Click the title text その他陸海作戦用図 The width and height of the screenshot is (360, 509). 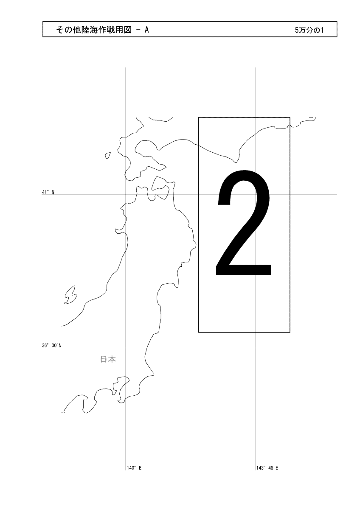coord(94,30)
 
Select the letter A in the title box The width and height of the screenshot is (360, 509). coord(147,30)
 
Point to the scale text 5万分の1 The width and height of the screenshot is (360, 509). coord(309,30)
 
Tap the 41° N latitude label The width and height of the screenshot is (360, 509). coord(48,192)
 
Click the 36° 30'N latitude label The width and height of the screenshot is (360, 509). coord(52,346)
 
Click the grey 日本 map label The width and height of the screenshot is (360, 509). coord(108,359)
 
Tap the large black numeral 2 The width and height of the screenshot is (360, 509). coord(243,223)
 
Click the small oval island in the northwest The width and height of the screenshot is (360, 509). coord(108,155)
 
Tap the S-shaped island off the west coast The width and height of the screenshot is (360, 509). coord(70,295)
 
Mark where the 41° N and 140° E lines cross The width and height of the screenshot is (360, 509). coord(126,195)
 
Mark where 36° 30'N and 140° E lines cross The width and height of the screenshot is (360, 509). coord(126,348)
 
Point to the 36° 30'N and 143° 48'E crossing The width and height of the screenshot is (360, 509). coord(256,348)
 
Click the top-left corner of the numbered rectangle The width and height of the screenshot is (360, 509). coord(198,117)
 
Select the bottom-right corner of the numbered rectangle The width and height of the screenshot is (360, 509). coord(290,332)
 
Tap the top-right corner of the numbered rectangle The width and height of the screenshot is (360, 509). coord(290,117)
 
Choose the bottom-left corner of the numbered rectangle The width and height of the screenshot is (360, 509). coord(198,332)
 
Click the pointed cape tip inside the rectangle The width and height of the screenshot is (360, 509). coord(236,163)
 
